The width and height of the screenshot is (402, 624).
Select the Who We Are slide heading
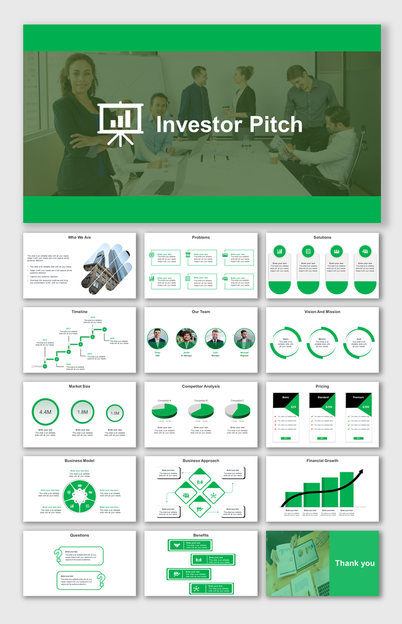[80, 238]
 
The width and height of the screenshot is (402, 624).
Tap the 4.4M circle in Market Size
[46, 413]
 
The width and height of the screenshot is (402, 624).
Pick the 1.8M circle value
[83, 412]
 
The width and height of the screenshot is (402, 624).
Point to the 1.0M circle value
[115, 413]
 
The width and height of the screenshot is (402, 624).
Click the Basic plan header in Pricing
[286, 398]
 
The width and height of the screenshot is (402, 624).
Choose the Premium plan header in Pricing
[359, 398]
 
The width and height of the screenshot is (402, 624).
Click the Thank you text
[355, 563]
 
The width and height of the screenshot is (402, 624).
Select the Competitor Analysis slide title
[201, 386]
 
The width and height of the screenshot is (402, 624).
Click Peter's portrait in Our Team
[157, 339]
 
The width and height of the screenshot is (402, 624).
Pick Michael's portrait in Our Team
[245, 339]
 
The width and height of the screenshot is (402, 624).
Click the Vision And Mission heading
[322, 312]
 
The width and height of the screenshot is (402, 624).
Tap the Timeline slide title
[80, 312]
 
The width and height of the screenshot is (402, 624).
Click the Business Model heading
[80, 461]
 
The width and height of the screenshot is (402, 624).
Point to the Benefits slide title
[201, 535]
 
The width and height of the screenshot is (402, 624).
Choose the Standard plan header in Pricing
[323, 398]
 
